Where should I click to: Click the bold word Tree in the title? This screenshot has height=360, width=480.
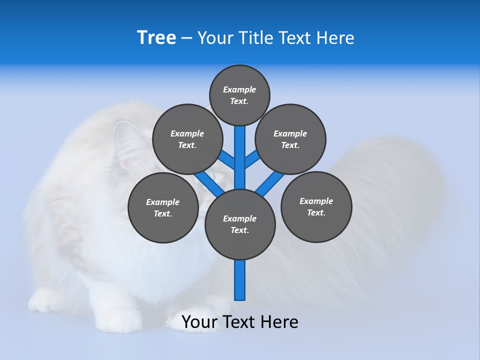(x=156, y=38)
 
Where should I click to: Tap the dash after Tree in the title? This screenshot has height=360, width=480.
(x=187, y=38)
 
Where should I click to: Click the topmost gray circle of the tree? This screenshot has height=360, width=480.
(x=239, y=95)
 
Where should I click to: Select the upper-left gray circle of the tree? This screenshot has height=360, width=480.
(x=187, y=139)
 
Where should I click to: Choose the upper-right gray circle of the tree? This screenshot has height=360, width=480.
(x=290, y=139)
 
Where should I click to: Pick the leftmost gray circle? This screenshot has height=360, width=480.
(x=163, y=207)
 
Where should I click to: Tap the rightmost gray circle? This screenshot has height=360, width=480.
(x=316, y=206)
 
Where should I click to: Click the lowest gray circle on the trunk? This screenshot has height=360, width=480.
(x=240, y=224)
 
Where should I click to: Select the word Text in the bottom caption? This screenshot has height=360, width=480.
(x=240, y=322)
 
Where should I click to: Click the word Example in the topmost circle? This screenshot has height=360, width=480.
(x=239, y=89)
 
